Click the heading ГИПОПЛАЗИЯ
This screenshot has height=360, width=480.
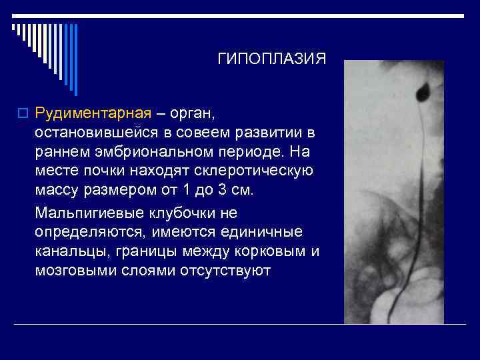(272, 59)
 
